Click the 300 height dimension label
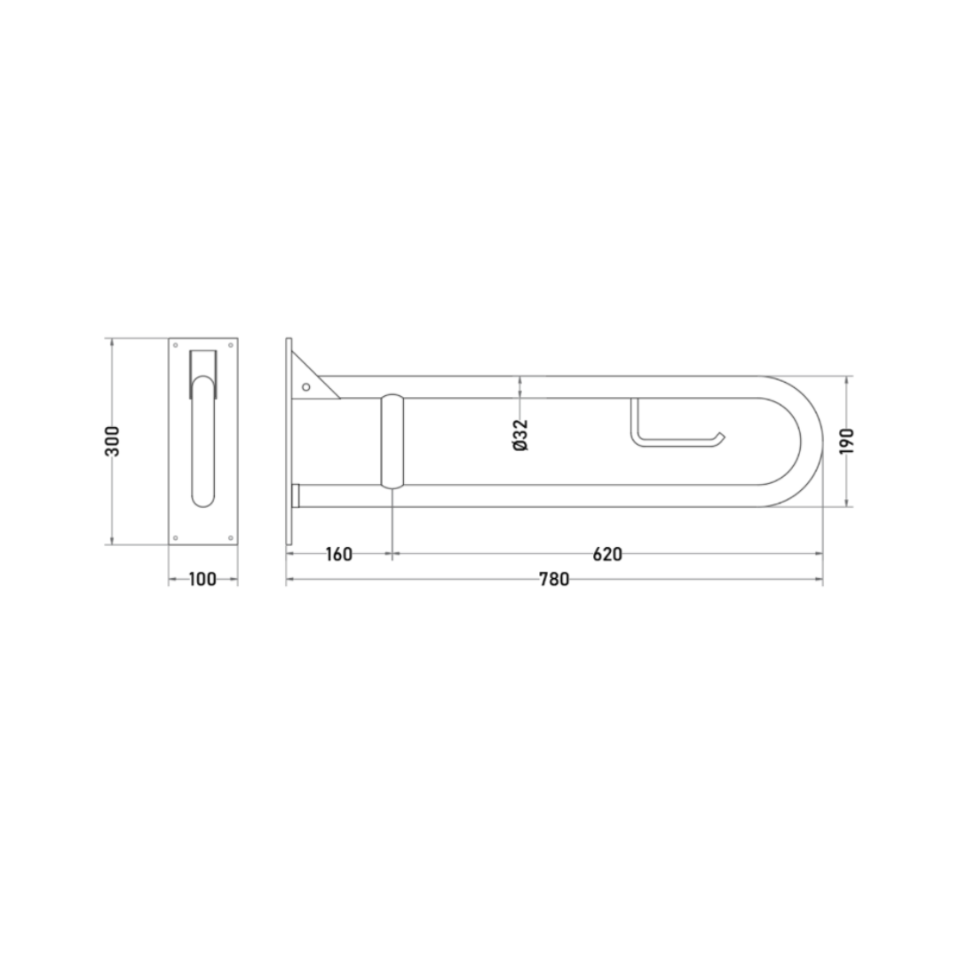click(113, 440)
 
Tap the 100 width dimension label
click(202, 579)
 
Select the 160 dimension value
click(339, 554)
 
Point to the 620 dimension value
click(607, 554)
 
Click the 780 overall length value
click(554, 579)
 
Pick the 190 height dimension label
click(846, 441)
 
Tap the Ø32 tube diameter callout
click(520, 435)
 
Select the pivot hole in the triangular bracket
click(306, 387)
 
